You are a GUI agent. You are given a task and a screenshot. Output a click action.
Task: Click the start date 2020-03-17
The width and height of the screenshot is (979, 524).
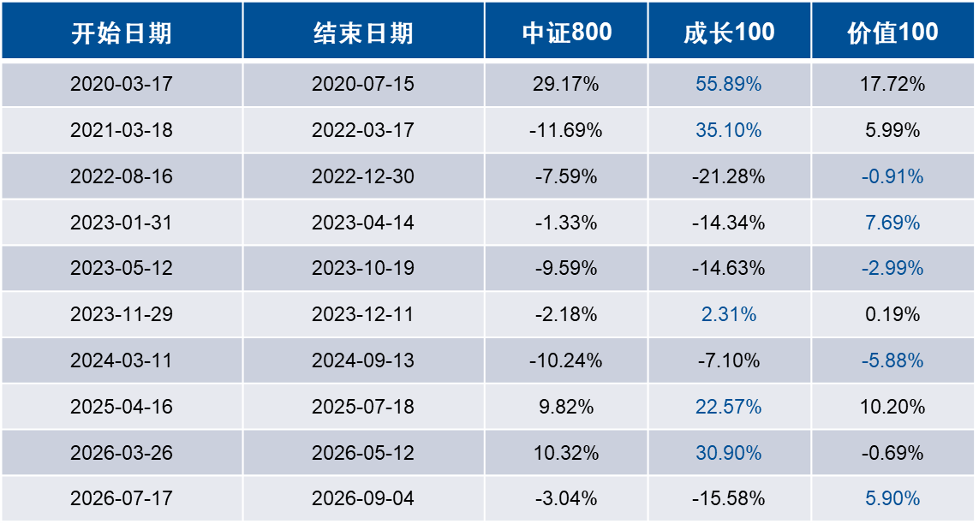pyautogui.click(x=122, y=84)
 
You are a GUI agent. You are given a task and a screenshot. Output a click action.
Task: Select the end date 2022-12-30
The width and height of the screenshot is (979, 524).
pyautogui.click(x=363, y=176)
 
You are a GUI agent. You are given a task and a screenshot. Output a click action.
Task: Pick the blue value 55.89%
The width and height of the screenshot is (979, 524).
pyautogui.click(x=729, y=84)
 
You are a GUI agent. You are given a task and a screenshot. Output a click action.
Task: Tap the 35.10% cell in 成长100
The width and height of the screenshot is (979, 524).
pyautogui.click(x=729, y=130)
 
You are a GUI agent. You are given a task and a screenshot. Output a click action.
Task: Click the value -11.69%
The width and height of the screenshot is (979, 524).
pyautogui.click(x=565, y=130)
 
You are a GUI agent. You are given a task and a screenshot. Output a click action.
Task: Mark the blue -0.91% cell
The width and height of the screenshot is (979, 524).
pyautogui.click(x=892, y=176)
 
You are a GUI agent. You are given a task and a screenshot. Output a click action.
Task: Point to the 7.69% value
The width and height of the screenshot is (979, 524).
pyautogui.click(x=892, y=223)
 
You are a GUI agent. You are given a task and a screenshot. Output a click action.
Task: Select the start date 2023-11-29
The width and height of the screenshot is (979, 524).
pyautogui.click(x=122, y=313)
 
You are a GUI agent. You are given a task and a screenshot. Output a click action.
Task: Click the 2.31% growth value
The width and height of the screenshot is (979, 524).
pyautogui.click(x=729, y=313)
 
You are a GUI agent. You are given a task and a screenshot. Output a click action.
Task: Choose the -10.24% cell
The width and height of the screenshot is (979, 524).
pyautogui.click(x=565, y=360)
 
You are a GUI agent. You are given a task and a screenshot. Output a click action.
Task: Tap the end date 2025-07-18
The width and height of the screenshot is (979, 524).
pyautogui.click(x=363, y=407)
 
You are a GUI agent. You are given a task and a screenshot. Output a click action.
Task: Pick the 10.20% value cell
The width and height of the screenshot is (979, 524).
pyautogui.click(x=892, y=407)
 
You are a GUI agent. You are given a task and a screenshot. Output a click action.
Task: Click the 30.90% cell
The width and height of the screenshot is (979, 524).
pyautogui.click(x=729, y=453)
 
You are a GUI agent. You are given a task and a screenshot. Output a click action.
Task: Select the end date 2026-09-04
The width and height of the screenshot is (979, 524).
pyautogui.click(x=363, y=498)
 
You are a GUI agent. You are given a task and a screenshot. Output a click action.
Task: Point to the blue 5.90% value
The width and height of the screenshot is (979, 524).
pyautogui.click(x=892, y=498)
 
